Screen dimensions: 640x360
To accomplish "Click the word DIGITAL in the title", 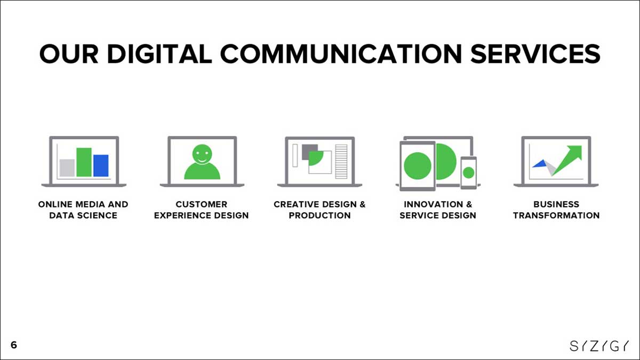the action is (159, 54).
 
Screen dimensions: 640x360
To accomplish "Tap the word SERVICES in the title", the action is (535, 54).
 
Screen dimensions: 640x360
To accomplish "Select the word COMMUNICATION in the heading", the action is (341, 54).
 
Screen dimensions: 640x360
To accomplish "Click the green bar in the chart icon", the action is (84, 162).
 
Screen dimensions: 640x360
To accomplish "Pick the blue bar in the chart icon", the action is (101, 166).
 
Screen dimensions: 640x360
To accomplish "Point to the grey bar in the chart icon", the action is (67, 167).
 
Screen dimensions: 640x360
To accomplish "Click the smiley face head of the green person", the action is (202, 154).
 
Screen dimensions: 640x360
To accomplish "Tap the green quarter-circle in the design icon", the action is (315, 158).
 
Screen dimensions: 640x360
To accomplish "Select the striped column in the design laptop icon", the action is (341, 162).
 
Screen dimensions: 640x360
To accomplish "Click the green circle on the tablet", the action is (418, 166).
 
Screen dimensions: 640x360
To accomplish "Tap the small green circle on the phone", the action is (469, 173).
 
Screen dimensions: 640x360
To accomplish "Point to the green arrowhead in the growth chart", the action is (575, 152).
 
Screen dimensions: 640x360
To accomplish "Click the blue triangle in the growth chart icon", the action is (539, 164).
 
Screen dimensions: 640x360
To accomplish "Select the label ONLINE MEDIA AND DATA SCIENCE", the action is (83, 210).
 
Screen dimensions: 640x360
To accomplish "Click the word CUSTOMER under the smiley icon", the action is (202, 204).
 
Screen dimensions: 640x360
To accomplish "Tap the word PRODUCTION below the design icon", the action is (319, 215).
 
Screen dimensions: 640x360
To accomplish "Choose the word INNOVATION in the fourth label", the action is (434, 204).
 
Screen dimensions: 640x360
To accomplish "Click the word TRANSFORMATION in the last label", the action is (556, 215).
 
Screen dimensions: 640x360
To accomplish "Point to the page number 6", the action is (14, 345).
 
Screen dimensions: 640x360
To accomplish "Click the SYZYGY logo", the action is (599, 346).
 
